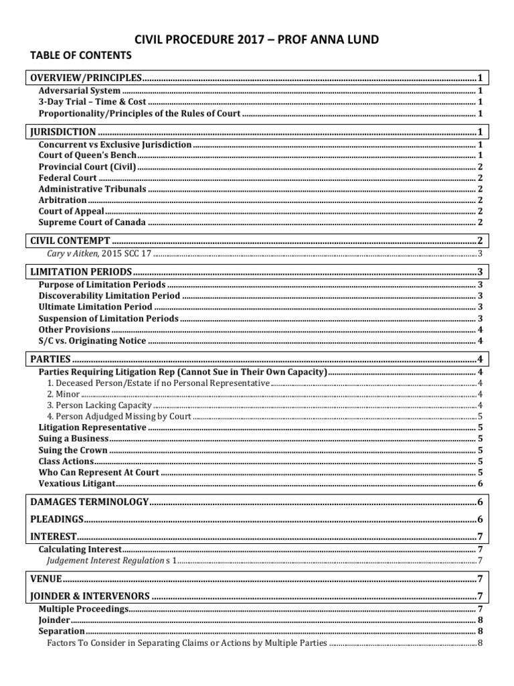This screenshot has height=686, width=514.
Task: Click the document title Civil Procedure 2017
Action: [x=257, y=40]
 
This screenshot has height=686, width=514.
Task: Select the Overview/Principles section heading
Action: [x=87, y=77]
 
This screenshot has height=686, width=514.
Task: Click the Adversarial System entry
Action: [x=80, y=90]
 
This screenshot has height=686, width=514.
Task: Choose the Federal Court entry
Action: [x=68, y=178]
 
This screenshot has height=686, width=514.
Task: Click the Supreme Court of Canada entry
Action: [x=92, y=222]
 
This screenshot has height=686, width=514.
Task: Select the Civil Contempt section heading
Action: [x=70, y=240]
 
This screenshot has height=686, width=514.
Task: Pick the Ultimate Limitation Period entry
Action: [x=95, y=307]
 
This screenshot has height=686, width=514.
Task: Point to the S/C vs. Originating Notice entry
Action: [x=92, y=341]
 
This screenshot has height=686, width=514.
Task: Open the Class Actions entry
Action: [x=66, y=462]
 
